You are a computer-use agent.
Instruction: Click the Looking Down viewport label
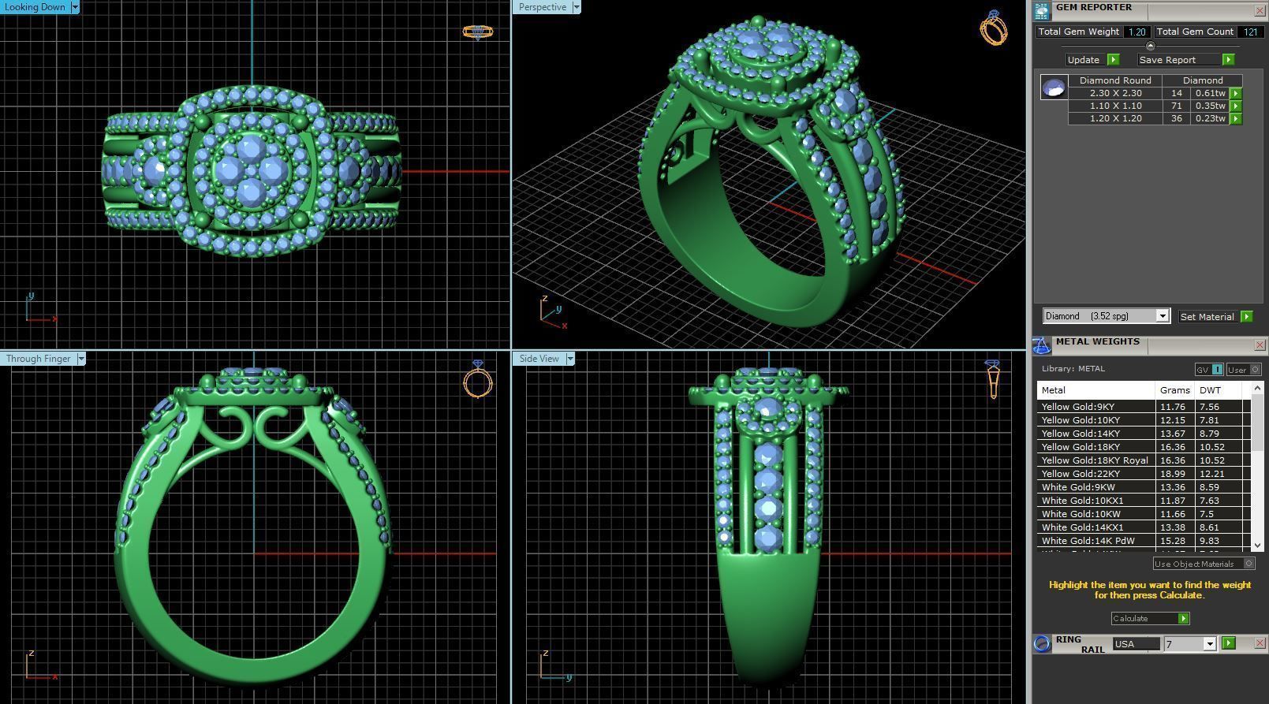tap(35, 7)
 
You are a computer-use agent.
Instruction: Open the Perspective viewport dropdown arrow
tap(577, 7)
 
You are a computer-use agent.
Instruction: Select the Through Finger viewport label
tap(38, 359)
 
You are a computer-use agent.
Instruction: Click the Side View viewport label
tap(539, 359)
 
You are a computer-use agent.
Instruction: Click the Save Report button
tap(1167, 60)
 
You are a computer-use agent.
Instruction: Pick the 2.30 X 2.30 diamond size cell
tap(1115, 93)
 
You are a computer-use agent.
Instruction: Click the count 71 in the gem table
tap(1177, 106)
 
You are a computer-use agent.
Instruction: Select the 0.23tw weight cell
tap(1210, 118)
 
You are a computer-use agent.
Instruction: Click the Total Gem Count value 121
tap(1250, 32)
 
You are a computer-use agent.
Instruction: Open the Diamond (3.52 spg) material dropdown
tap(1162, 316)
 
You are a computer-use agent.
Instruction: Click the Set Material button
tap(1207, 317)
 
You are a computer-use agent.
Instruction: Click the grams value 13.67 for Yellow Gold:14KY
tap(1173, 434)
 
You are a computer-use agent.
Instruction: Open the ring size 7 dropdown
tap(1209, 644)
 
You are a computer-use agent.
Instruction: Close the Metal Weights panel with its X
tap(1260, 345)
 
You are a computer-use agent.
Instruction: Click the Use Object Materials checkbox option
tap(1248, 564)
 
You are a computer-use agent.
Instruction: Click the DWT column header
tap(1210, 390)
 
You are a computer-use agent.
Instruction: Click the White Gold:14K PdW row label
tap(1088, 541)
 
